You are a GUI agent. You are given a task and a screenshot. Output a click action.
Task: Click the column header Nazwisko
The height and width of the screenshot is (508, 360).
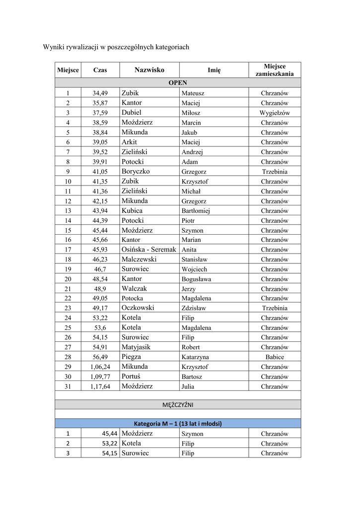click(x=149, y=70)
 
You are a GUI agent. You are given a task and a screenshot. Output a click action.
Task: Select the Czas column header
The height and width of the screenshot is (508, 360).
click(x=100, y=70)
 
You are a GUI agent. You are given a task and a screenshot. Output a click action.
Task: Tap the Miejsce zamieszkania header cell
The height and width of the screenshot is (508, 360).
click(x=275, y=70)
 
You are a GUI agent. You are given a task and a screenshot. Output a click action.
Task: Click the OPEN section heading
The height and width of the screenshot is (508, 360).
click(x=178, y=83)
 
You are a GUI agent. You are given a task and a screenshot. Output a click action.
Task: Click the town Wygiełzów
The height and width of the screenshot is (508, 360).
click(x=275, y=113)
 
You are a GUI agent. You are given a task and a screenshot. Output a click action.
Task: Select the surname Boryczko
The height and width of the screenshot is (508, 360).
click(x=136, y=171)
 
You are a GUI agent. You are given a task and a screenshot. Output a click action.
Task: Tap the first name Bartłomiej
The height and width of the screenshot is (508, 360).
click(x=196, y=211)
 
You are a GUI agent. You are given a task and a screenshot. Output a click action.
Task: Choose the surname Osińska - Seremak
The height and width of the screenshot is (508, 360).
click(x=148, y=250)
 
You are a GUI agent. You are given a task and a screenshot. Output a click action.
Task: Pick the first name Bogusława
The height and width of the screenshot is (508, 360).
click(x=197, y=279)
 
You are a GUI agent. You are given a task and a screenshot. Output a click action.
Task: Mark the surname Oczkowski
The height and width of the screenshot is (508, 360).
click(x=138, y=308)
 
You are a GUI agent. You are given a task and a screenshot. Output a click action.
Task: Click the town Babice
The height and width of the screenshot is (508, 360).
click(x=275, y=357)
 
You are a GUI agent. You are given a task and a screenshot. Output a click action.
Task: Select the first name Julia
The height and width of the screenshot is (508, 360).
click(x=189, y=386)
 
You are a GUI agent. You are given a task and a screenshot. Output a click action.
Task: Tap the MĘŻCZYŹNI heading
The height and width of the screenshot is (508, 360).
click(x=178, y=405)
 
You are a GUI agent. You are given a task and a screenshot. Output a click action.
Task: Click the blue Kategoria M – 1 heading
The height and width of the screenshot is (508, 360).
click(x=178, y=424)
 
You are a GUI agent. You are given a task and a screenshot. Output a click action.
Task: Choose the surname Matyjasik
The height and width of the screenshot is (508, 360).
click(x=136, y=347)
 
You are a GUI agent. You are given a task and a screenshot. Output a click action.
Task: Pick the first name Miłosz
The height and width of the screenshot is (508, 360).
click(x=191, y=113)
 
